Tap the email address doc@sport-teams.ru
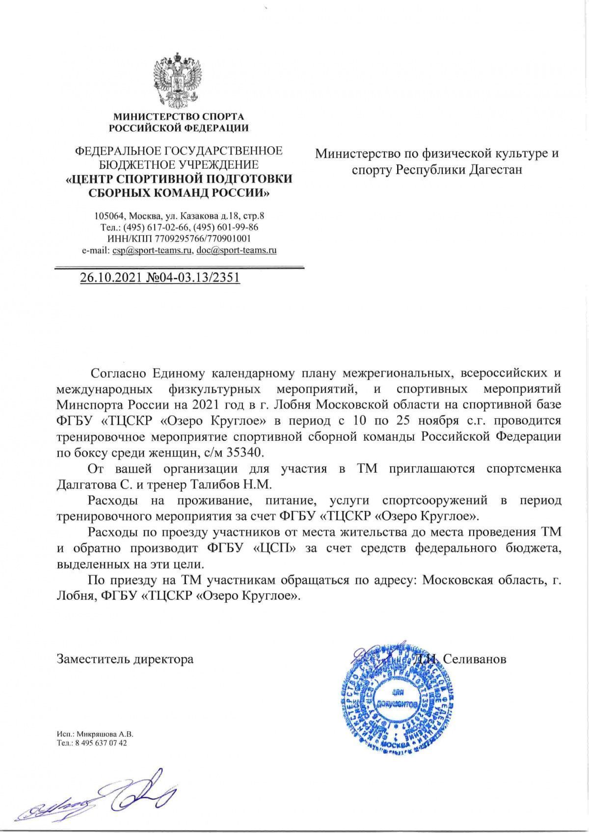pos(237,250)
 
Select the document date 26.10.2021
pos(112,278)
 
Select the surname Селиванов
pos(475,659)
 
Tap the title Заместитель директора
pos(125,659)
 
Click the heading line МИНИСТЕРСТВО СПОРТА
pos(179,117)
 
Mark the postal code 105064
pos(110,216)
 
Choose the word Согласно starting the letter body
pos(117,373)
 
